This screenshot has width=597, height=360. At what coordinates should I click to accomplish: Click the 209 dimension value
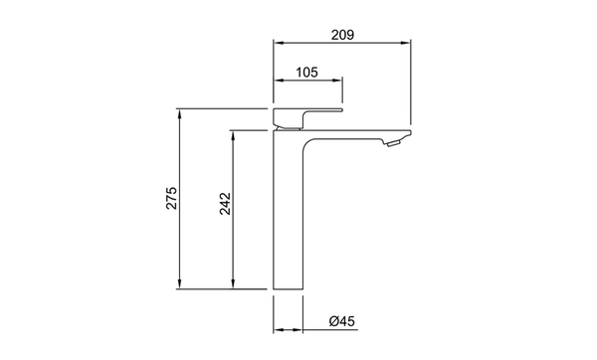click(x=342, y=35)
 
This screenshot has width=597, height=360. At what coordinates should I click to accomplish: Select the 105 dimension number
click(x=306, y=72)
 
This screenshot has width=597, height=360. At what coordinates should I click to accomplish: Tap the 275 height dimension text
click(x=171, y=198)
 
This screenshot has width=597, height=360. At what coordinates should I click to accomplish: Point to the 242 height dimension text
click(x=225, y=204)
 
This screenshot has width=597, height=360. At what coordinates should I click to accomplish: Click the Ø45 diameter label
click(x=342, y=321)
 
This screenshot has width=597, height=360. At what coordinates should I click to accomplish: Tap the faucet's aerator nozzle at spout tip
click(x=392, y=143)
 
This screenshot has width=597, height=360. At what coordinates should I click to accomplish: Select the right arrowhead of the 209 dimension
click(x=406, y=43)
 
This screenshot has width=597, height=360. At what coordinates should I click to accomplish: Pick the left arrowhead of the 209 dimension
click(x=279, y=43)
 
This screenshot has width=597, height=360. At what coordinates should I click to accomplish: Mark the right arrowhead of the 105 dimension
click(x=337, y=81)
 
